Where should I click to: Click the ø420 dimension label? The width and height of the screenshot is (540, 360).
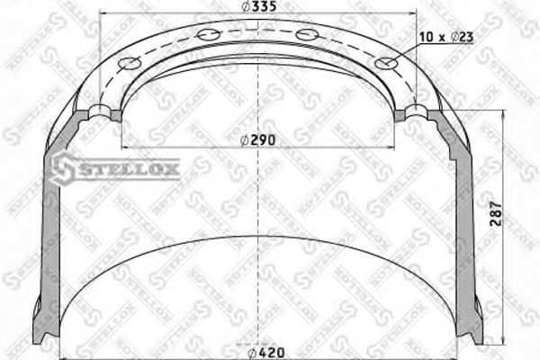(x=262, y=351)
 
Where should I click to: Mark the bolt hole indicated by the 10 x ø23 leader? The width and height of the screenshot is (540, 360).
(x=389, y=64)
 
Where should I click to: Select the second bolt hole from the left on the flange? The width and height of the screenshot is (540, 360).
(x=209, y=34)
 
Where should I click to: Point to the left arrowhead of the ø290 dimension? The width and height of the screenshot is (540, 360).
(x=124, y=146)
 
